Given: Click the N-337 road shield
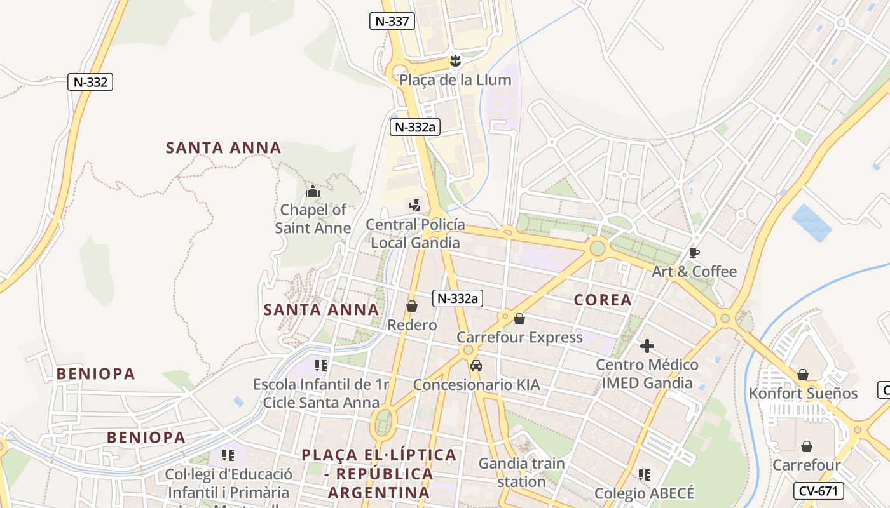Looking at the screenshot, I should click(392, 21).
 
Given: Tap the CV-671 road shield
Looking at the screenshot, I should click(819, 490).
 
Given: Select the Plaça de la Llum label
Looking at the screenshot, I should click(455, 80).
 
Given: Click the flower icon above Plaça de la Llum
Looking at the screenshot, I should click(455, 61).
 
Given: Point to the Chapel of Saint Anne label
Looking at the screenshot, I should click(313, 218).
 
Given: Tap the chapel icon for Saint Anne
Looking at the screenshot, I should click(313, 191).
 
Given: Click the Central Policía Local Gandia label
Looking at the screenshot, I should click(415, 234).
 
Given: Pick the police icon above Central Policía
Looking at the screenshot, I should click(415, 205).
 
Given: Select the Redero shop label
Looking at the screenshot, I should click(413, 325).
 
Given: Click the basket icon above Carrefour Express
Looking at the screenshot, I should click(519, 319).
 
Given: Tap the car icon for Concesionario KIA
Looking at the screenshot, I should click(476, 366).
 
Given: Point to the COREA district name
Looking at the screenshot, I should click(603, 300).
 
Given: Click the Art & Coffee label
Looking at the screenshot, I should click(694, 272).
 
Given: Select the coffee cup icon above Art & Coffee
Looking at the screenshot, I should click(694, 253).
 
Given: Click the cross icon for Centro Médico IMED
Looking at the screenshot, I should click(647, 346).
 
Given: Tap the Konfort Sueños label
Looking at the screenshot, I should click(803, 393).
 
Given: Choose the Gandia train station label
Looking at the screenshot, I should click(521, 472).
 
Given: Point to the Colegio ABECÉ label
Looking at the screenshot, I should click(645, 493).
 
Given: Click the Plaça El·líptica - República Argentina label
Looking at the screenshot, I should click(380, 474).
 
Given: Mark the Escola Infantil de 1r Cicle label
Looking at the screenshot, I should click(321, 393).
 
